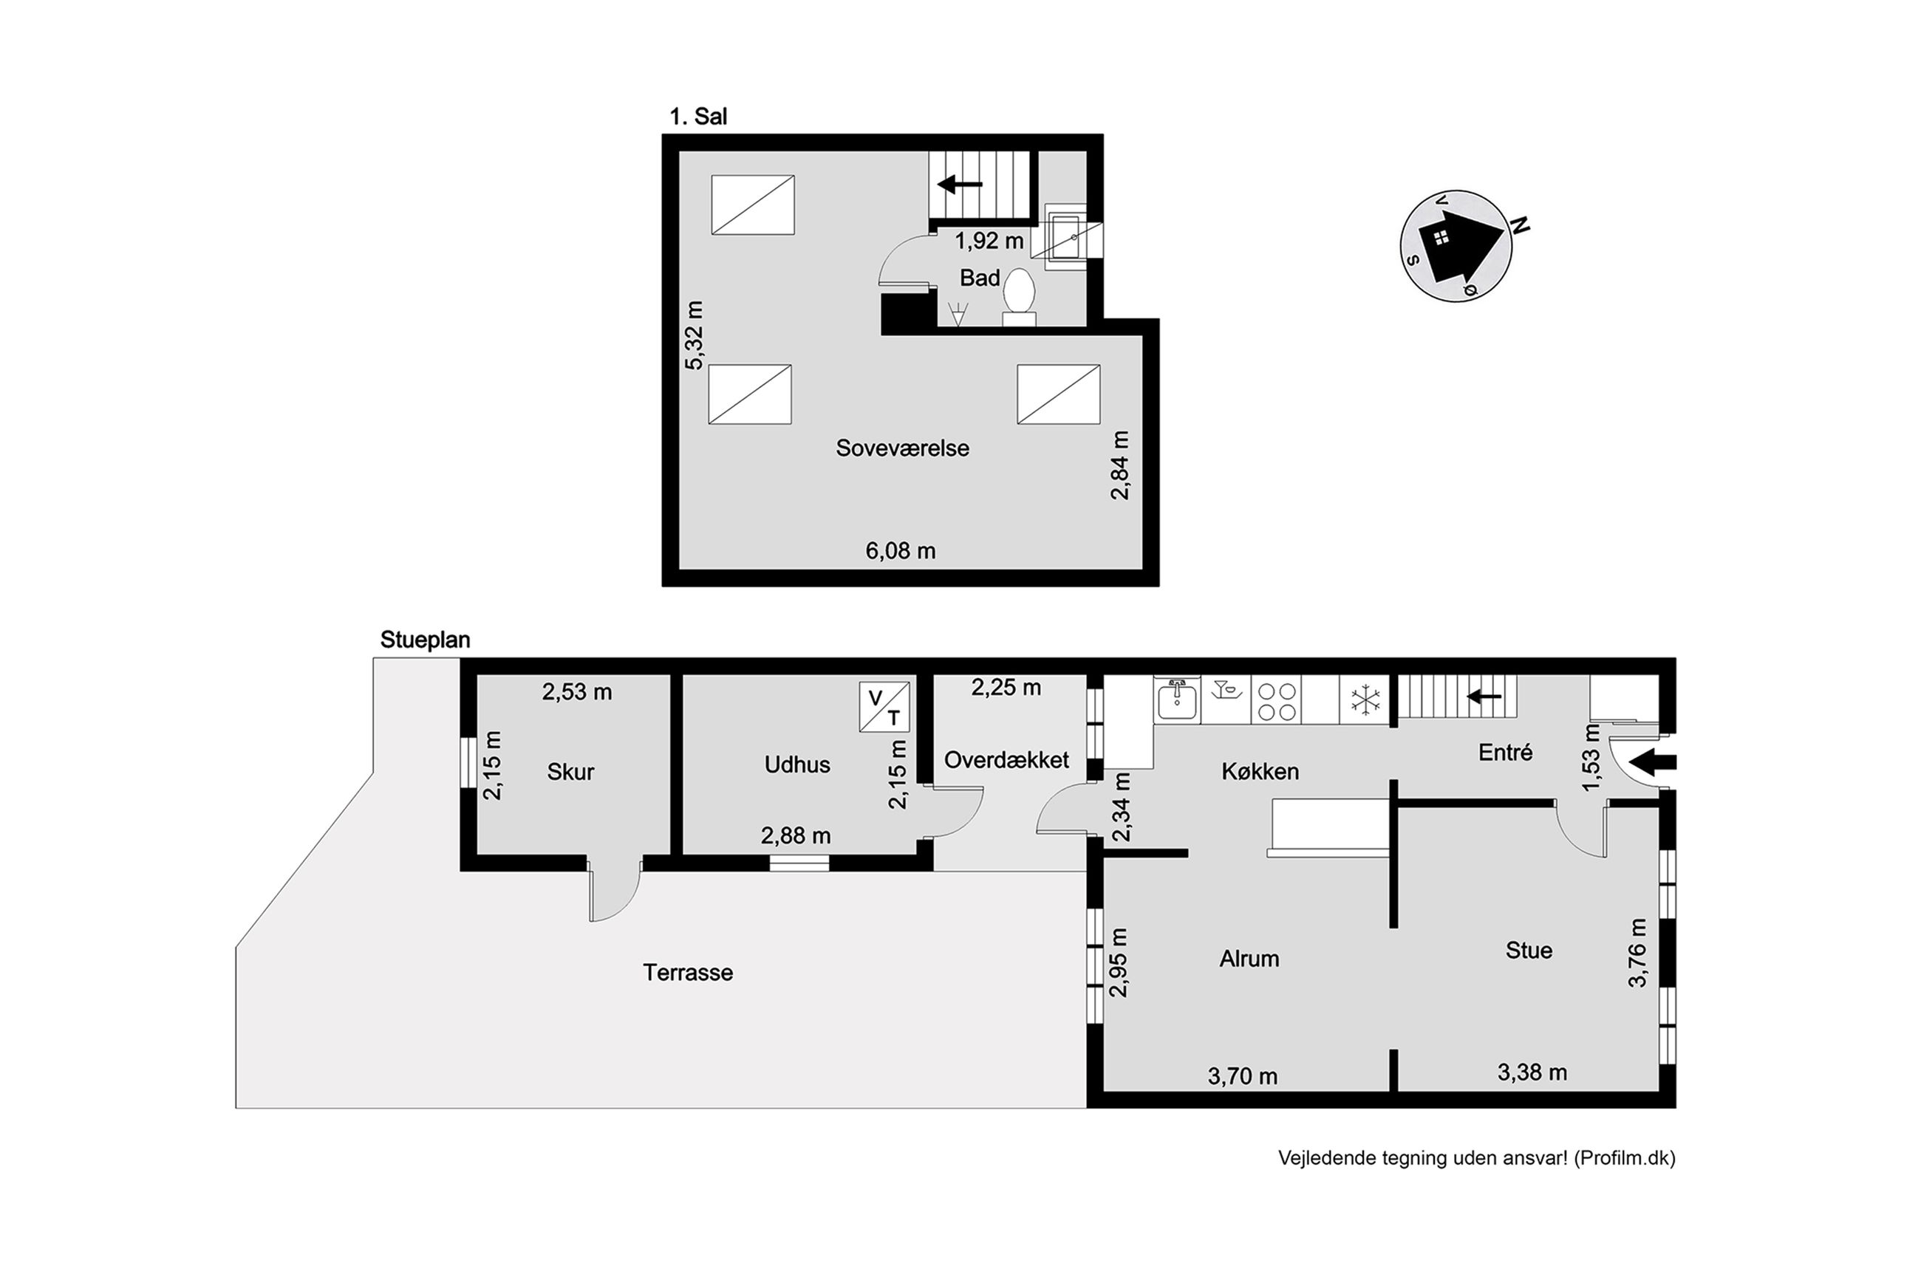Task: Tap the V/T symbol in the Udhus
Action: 884,706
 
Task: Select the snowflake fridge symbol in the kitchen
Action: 1365,700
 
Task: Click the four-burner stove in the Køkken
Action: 1276,700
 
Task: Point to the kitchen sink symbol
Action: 1176,699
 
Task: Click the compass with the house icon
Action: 1456,246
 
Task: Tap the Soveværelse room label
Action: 902,448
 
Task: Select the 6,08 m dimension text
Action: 901,550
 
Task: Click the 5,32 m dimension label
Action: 693,335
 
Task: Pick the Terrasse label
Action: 687,972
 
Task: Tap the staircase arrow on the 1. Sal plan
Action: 959,185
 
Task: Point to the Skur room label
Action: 570,771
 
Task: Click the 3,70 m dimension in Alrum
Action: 1243,1076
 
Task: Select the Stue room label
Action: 1529,950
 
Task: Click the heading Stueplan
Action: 426,640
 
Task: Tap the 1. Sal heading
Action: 698,117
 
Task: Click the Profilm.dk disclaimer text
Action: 1477,1157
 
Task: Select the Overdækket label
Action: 1006,760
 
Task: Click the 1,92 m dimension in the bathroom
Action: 989,241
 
